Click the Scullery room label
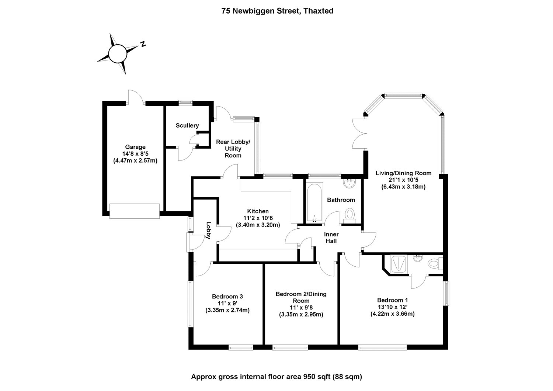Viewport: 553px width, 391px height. point(187,125)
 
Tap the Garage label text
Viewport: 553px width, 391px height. point(135,147)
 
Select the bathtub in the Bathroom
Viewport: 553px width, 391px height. point(314,203)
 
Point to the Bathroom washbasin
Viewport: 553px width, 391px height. point(349,183)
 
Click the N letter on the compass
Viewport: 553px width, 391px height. point(143,44)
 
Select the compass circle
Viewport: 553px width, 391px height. point(118,53)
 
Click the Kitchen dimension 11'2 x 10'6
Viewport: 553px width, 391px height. point(258,218)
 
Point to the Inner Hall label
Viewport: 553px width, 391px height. point(331,238)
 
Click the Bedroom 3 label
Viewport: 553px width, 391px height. point(227,297)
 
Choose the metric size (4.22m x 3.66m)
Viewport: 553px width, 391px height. point(393,314)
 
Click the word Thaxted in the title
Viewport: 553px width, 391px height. point(319,11)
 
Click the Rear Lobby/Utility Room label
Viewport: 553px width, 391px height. point(233,149)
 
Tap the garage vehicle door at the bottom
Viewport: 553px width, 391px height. point(135,211)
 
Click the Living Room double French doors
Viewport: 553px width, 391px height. point(359,134)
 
